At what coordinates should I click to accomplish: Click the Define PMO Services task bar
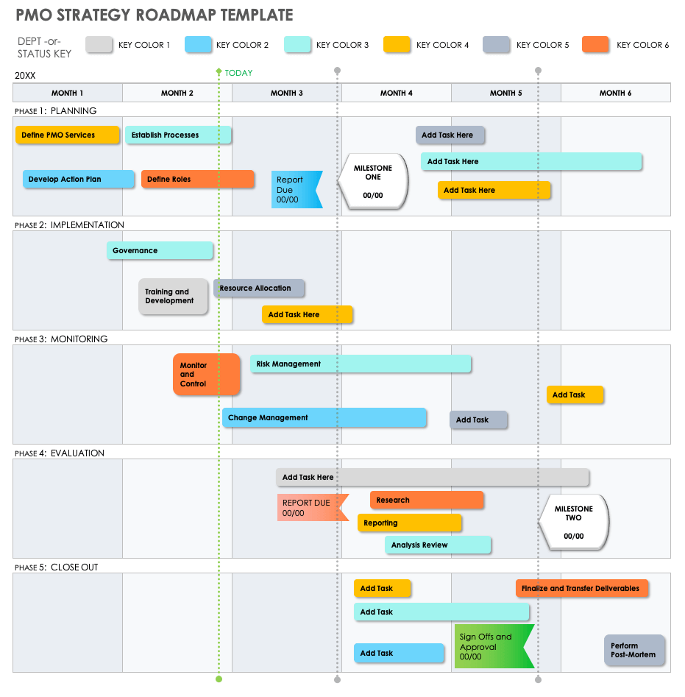coord(67,135)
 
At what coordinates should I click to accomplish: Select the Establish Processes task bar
coord(178,135)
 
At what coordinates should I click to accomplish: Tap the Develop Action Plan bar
coord(78,180)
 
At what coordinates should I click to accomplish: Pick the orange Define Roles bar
coord(197,180)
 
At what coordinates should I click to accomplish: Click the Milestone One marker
coord(373,182)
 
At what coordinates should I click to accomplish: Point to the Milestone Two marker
coord(573,522)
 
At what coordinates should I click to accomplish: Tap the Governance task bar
coord(160,251)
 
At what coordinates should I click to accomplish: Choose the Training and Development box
coord(173,297)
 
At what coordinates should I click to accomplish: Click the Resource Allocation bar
coord(259,289)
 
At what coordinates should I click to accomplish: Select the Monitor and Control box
coord(206,375)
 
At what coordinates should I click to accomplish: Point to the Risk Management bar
coord(361,364)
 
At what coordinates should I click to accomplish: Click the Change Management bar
coord(324,418)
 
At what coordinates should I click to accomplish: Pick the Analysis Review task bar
coord(437,545)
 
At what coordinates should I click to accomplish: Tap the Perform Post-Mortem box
coord(634,651)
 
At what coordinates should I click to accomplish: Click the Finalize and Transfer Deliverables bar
coord(581,589)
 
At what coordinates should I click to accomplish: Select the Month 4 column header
coord(396,93)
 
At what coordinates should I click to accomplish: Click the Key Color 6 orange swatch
coord(595,45)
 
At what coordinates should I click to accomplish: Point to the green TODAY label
coord(238,73)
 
